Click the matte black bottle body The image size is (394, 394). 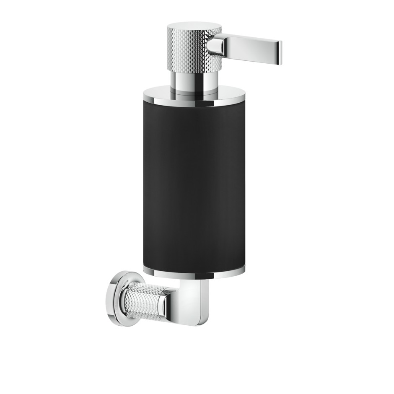click(194, 184)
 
